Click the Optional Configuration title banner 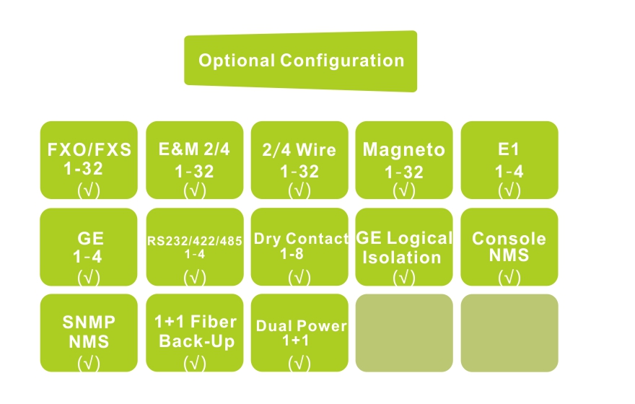click(x=301, y=61)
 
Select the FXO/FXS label click(x=89, y=151)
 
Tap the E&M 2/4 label click(x=195, y=150)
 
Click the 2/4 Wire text click(x=299, y=151)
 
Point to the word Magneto click(x=404, y=151)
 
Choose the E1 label click(x=509, y=151)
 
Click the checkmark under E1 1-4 click(x=509, y=190)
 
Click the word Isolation click(x=402, y=258)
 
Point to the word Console click(x=509, y=239)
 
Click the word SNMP click(x=89, y=323)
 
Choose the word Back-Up click(x=196, y=341)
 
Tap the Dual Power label click(x=301, y=326)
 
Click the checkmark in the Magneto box click(x=404, y=190)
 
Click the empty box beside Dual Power click(x=404, y=333)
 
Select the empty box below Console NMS click(x=509, y=333)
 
